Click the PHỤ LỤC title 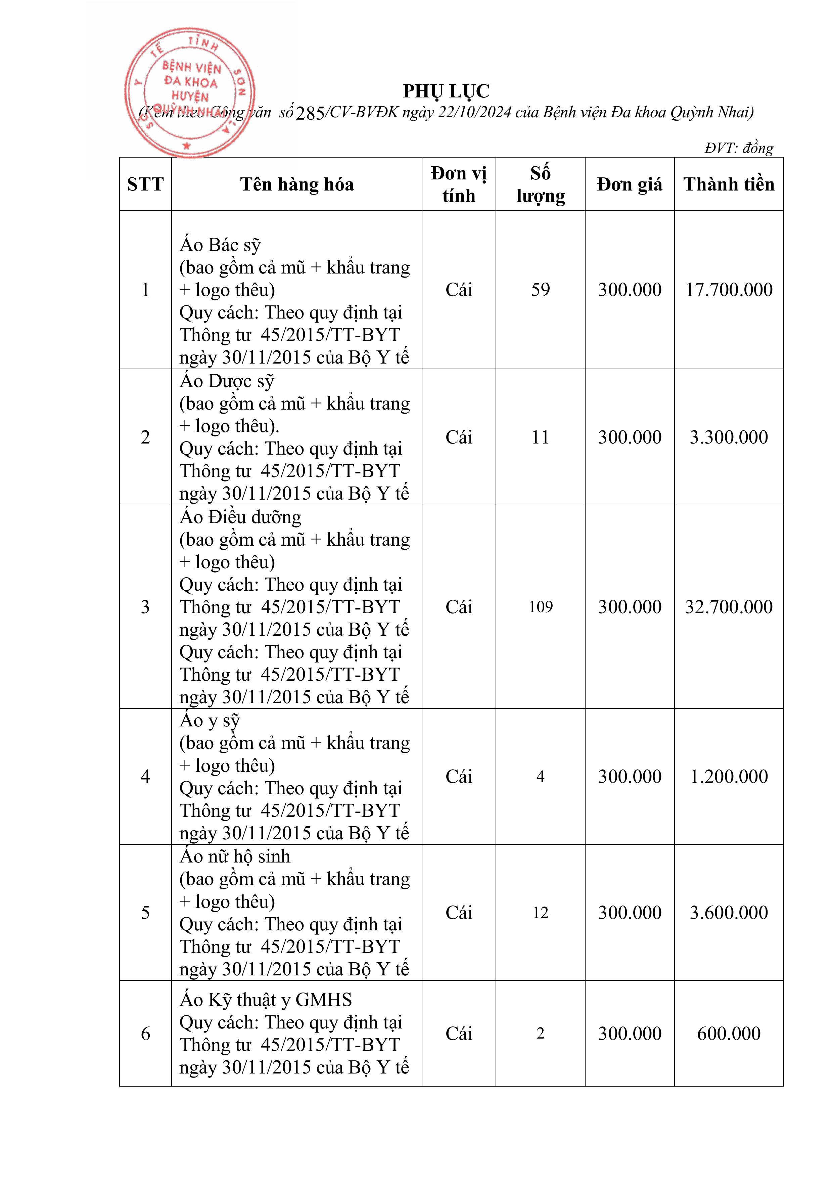pos(446,91)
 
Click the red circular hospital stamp pos(189,92)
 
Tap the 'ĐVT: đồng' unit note pos(739,148)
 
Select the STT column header pos(145,184)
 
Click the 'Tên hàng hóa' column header pos(297,184)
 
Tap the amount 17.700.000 pos(729,290)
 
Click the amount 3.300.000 pos(729,437)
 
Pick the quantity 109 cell pos(541,607)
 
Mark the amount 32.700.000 pos(729,607)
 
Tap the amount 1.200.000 pos(729,776)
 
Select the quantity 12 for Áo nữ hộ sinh pos(541,913)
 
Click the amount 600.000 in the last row pos(729,1034)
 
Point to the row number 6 pos(145,1034)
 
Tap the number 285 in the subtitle pos(311,113)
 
